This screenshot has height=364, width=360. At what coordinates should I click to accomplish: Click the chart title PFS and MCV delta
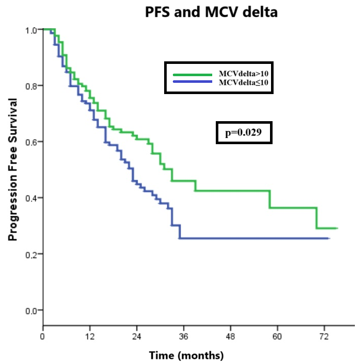click(211, 12)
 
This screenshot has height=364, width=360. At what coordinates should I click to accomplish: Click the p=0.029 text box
click(244, 132)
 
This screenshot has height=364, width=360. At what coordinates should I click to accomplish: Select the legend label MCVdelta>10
click(243, 74)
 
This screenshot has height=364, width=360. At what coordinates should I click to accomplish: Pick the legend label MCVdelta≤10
click(243, 82)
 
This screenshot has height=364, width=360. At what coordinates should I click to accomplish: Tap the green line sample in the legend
click(193, 75)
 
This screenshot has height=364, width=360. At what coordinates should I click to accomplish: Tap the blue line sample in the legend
click(193, 81)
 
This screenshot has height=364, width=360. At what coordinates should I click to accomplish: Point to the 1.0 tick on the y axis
click(31, 30)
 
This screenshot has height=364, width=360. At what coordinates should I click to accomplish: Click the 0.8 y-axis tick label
click(31, 86)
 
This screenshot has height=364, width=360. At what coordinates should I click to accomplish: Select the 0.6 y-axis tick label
click(31, 142)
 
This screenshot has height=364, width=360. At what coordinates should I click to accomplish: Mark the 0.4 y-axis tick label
click(31, 198)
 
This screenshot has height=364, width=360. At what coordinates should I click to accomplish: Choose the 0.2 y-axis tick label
click(31, 255)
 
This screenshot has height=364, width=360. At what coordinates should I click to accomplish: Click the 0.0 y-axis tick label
click(31, 311)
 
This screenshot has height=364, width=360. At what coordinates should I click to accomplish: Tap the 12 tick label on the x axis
click(89, 336)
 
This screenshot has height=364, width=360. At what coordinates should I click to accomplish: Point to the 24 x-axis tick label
click(137, 336)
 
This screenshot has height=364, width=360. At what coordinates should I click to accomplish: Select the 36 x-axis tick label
click(184, 336)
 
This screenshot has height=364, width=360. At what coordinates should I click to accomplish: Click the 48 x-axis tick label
click(231, 336)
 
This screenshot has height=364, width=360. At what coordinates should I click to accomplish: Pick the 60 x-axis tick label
click(277, 336)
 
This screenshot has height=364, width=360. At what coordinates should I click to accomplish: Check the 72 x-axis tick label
click(324, 336)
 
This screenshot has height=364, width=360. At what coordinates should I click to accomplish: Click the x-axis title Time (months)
click(186, 356)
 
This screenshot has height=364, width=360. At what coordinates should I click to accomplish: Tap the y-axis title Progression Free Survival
click(13, 169)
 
